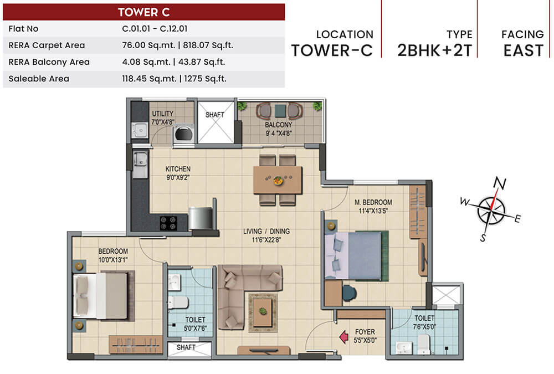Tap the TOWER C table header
[144, 12]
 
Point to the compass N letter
[500, 183]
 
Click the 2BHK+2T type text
[434, 50]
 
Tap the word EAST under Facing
[523, 50]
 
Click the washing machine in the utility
[182, 135]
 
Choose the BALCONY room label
[278, 125]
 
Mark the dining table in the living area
[278, 180]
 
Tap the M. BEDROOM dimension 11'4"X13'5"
[374, 211]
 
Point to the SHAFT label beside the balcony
[214, 115]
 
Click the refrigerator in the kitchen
[201, 218]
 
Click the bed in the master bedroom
[356, 256]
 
